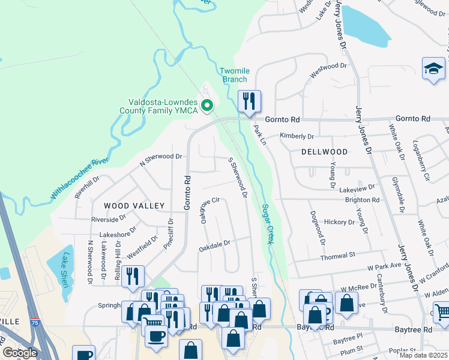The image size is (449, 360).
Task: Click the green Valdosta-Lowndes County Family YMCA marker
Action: [x=208, y=106]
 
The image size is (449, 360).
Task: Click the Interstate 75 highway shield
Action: [x=35, y=322]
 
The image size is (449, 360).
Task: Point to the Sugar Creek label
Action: [x=267, y=224]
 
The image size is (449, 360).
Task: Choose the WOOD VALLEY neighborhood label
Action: [x=134, y=206]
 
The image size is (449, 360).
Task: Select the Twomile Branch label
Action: [x=234, y=75]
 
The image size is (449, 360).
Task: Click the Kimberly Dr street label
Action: [x=297, y=137]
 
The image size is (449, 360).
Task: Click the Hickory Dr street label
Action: [x=339, y=222]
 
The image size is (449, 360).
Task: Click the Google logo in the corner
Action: [x=20, y=353]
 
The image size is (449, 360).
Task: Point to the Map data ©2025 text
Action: [x=423, y=355]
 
